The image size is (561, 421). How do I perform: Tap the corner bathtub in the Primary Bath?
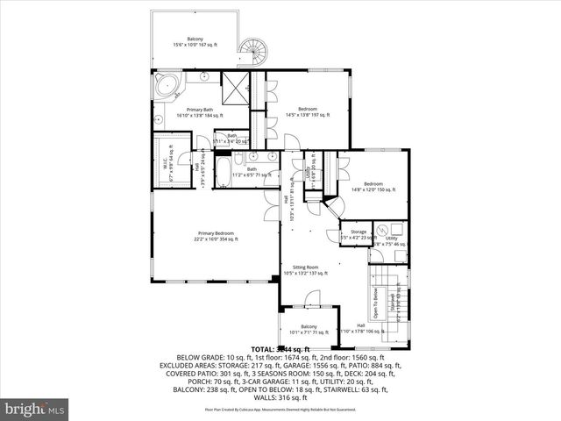167,87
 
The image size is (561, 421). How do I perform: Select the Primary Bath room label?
200,111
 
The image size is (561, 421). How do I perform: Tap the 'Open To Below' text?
374,303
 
